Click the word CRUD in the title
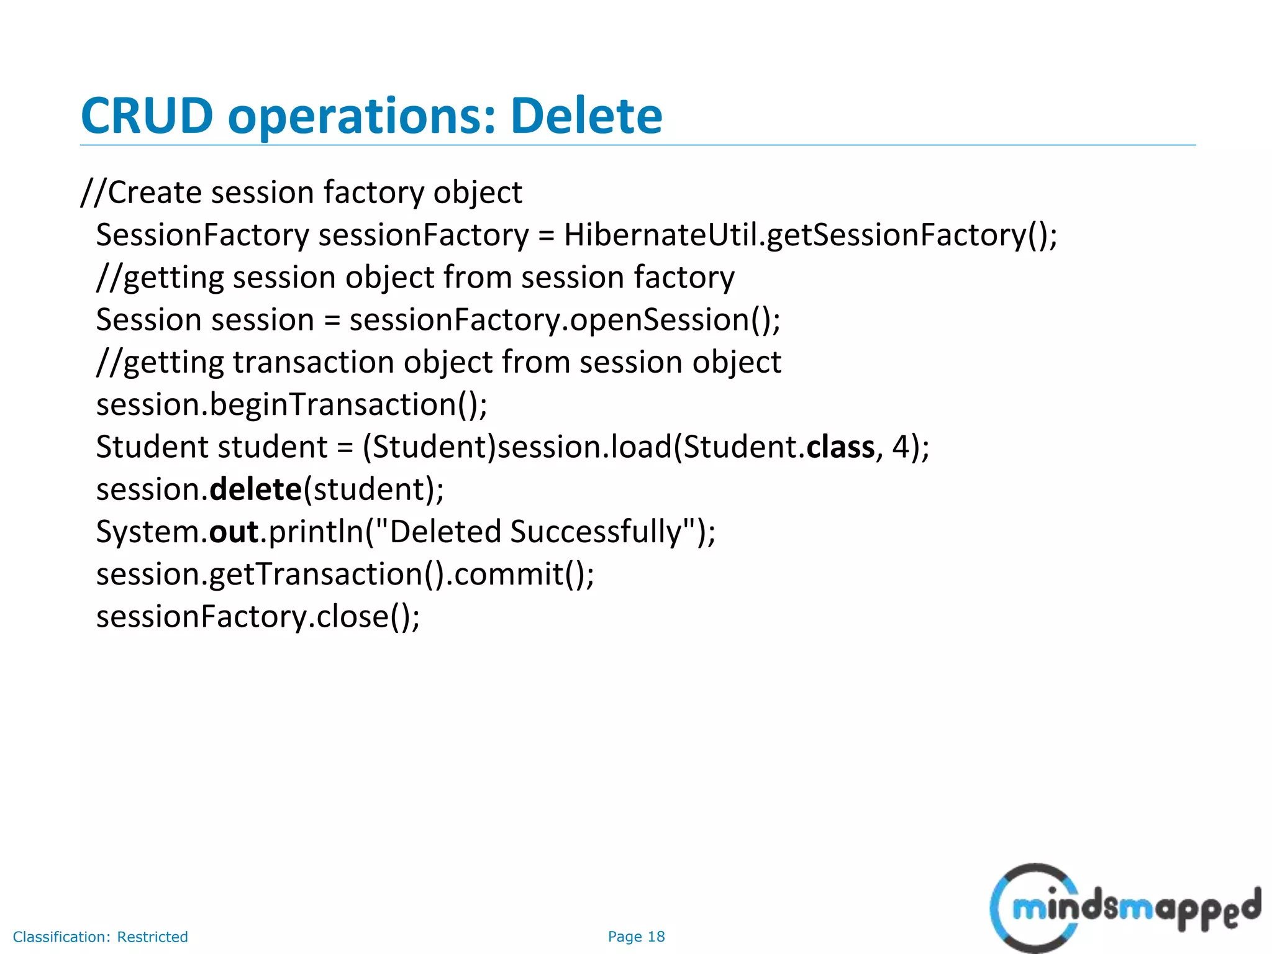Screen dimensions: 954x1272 (x=147, y=116)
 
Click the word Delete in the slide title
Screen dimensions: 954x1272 (x=586, y=116)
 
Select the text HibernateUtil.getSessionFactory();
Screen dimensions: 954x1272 (x=810, y=235)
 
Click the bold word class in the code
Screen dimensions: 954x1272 (x=840, y=447)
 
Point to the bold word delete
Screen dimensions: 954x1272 (x=255, y=489)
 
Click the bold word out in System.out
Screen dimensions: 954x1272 (x=234, y=532)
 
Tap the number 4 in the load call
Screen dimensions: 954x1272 (x=901, y=447)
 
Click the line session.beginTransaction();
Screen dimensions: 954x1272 (x=292, y=405)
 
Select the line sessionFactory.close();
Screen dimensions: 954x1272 (x=258, y=617)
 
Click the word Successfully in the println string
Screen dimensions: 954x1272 (x=596, y=532)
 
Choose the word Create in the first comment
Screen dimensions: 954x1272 (x=155, y=193)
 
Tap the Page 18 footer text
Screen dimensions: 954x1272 (x=636, y=937)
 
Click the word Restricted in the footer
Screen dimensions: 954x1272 (x=152, y=937)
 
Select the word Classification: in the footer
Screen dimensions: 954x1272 (x=61, y=937)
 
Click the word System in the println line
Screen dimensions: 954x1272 (x=147, y=532)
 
